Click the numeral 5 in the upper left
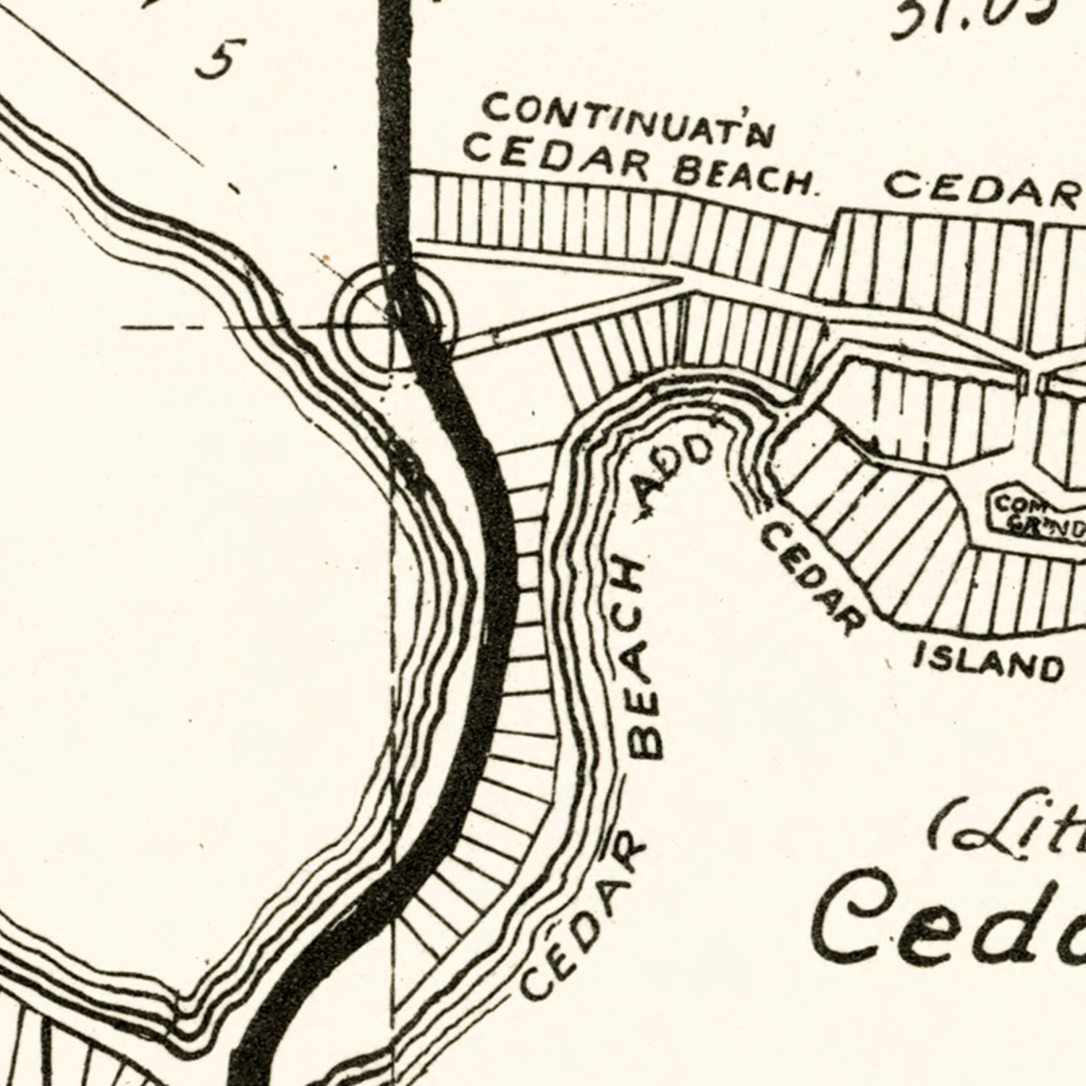click(x=215, y=59)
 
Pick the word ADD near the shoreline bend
click(x=673, y=478)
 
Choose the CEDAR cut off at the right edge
click(x=985, y=190)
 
